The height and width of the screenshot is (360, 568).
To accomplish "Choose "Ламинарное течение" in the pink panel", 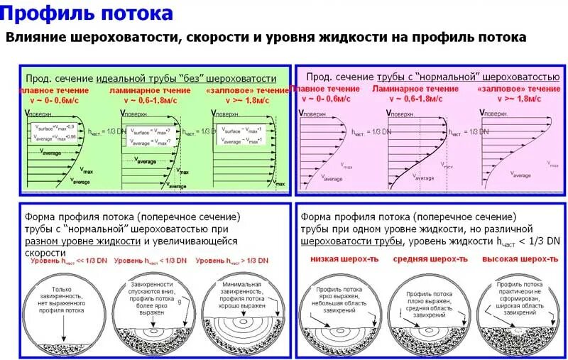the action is click(415, 89).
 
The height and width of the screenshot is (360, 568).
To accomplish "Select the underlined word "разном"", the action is click(43, 241).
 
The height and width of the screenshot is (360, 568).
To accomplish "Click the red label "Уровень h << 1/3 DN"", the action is click(65, 261).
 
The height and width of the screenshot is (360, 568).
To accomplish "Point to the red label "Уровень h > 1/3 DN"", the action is click(234, 261).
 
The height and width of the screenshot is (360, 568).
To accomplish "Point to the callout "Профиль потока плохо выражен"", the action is click(429, 302).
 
